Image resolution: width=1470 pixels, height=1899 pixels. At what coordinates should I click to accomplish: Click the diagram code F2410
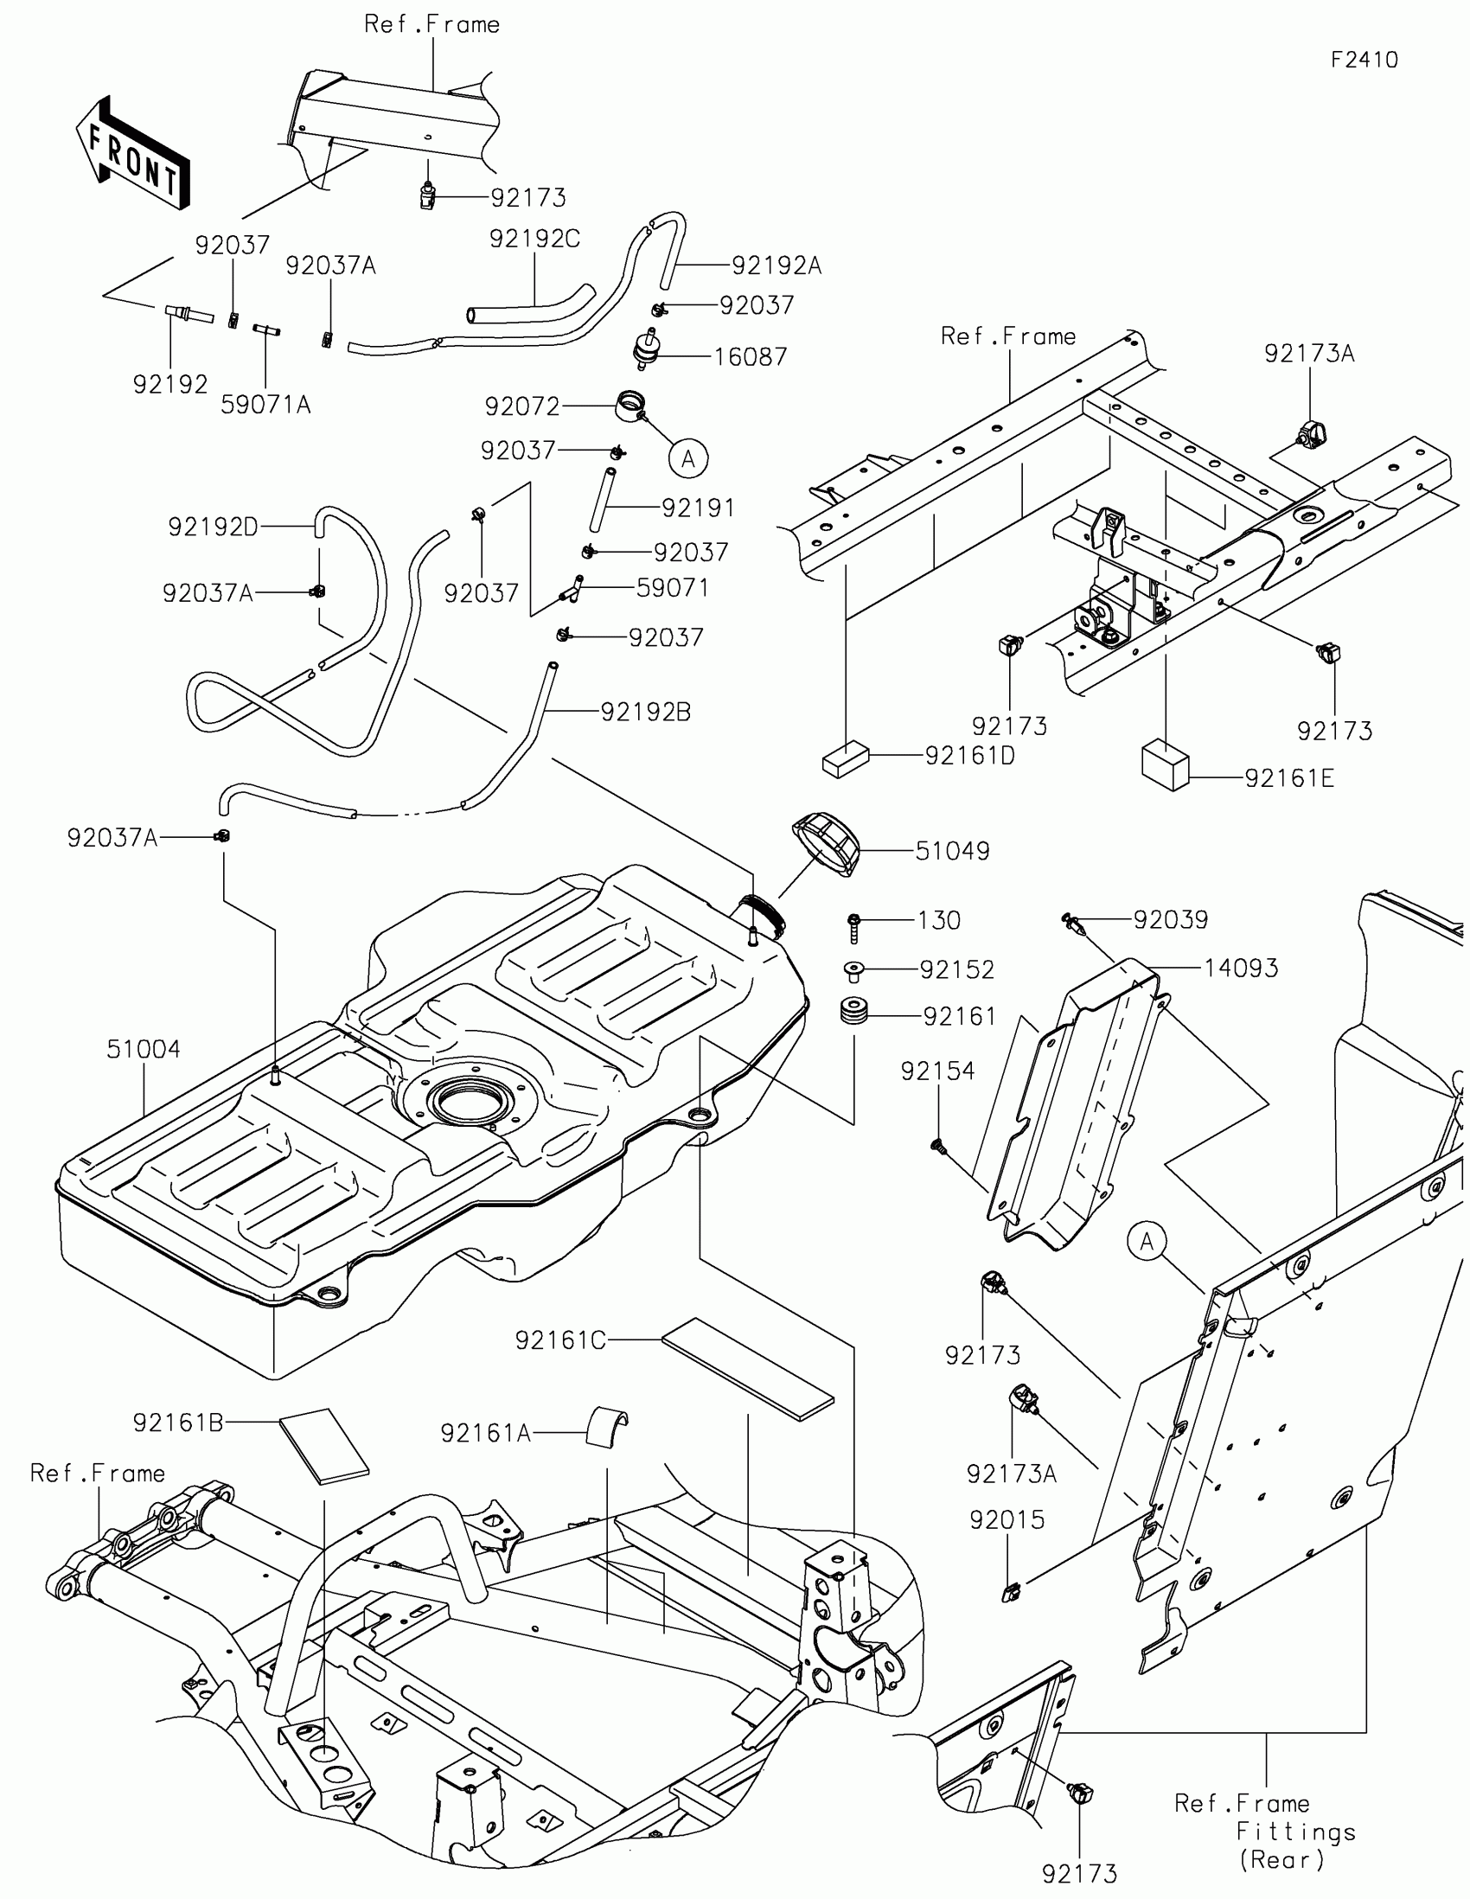click(1364, 59)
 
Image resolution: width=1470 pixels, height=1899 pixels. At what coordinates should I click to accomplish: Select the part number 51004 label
click(144, 1050)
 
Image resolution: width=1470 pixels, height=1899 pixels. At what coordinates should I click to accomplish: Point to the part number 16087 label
click(751, 356)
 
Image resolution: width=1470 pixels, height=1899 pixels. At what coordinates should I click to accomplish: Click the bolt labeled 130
click(854, 928)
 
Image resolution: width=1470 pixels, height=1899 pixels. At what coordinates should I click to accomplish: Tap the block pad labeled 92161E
click(1165, 763)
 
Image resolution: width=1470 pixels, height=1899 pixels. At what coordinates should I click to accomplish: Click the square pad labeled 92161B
click(324, 1445)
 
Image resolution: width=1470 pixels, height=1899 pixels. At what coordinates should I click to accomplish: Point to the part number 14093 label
click(1241, 968)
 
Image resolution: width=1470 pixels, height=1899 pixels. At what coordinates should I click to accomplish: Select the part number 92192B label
click(646, 713)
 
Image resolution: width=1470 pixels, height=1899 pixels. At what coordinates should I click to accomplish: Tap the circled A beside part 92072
click(688, 457)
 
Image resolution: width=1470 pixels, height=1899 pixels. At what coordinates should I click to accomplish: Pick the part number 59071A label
click(265, 405)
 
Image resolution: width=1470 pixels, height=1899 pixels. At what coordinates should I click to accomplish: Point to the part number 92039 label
click(1170, 920)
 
